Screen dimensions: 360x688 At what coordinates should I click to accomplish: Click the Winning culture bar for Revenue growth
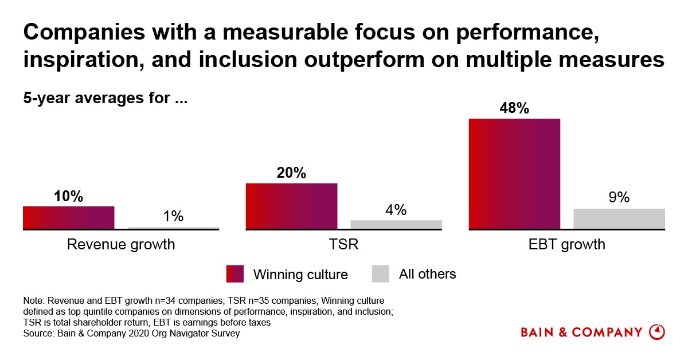point(69,217)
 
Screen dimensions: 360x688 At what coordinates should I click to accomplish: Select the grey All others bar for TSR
point(396,224)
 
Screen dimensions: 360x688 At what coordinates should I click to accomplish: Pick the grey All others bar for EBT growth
point(619,218)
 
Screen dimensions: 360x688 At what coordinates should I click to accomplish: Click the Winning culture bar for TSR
point(291,206)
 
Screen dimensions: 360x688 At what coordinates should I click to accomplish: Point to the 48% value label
point(514,108)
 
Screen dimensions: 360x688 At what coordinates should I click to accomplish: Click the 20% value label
point(291,173)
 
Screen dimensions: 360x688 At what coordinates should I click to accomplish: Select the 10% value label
point(69,196)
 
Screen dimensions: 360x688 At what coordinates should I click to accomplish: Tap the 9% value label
point(619,198)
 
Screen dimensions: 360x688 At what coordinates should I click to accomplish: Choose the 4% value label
point(396,210)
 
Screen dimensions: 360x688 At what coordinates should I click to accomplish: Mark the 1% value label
point(173,216)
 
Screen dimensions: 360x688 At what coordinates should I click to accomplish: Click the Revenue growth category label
point(121,245)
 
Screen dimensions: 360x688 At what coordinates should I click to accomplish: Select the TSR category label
point(344,245)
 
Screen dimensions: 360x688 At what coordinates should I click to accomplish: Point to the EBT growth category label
point(567,245)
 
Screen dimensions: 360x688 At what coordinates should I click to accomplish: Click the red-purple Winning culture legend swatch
point(235,274)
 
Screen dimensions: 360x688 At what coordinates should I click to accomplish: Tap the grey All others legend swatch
point(381,274)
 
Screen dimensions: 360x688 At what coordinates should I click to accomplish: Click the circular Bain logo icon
point(656,332)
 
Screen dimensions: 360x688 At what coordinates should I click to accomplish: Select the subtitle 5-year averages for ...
point(106,98)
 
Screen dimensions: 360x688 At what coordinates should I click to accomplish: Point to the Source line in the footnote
point(131,334)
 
